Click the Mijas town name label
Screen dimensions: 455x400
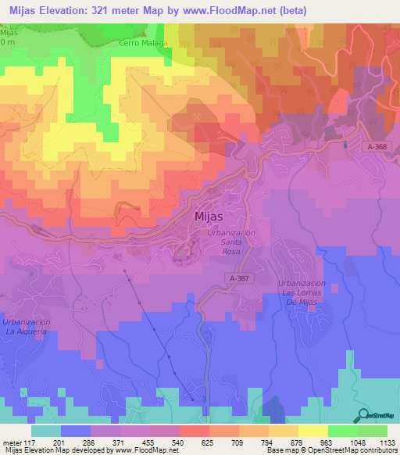(209, 218)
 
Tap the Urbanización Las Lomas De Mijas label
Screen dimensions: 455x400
(301, 292)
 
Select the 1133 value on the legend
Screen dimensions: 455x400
(385, 442)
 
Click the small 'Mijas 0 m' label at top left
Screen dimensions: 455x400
(9, 37)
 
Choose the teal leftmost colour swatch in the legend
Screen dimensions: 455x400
(46, 431)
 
